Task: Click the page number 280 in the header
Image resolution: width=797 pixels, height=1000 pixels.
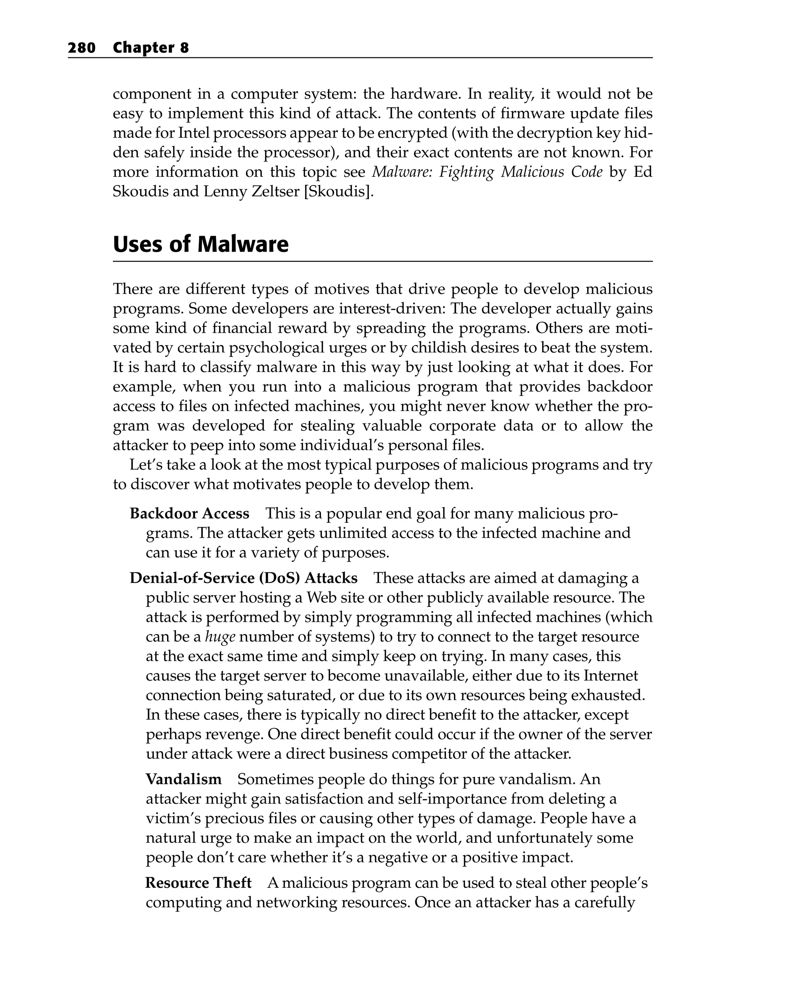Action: point(82,48)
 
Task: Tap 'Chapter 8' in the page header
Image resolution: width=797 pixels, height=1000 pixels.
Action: point(151,48)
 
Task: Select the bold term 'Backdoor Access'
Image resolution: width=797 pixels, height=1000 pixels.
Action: point(189,513)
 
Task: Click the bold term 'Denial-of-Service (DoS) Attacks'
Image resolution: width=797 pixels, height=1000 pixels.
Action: point(243,578)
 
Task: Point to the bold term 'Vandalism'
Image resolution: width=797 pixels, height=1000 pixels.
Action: point(184,779)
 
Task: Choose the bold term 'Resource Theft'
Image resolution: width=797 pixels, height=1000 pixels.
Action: point(198,883)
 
